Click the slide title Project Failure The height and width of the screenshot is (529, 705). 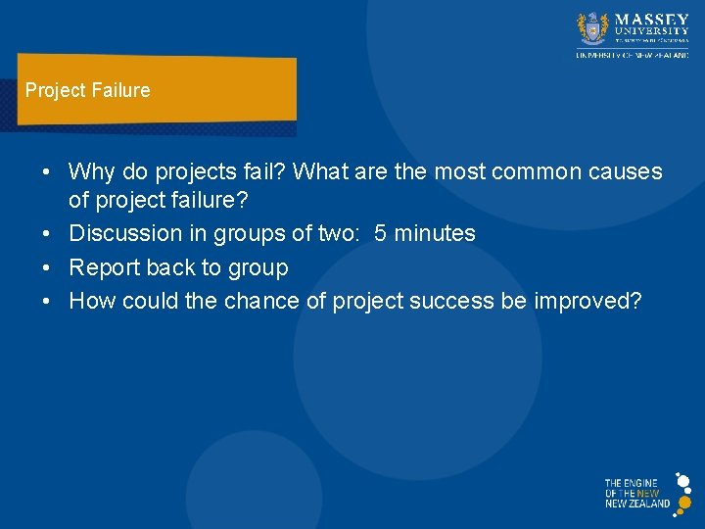88,91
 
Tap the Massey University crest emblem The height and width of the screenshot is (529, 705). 593,28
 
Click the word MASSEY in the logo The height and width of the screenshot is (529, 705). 651,20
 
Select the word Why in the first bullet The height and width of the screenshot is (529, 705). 91,172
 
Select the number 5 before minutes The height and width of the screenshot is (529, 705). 381,234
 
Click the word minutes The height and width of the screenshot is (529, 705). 435,234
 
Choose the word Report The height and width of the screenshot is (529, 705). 104,267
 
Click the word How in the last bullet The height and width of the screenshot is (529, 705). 92,301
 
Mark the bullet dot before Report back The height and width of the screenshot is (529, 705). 47,268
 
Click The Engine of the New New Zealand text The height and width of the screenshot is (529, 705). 636,494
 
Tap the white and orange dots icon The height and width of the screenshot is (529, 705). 682,493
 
